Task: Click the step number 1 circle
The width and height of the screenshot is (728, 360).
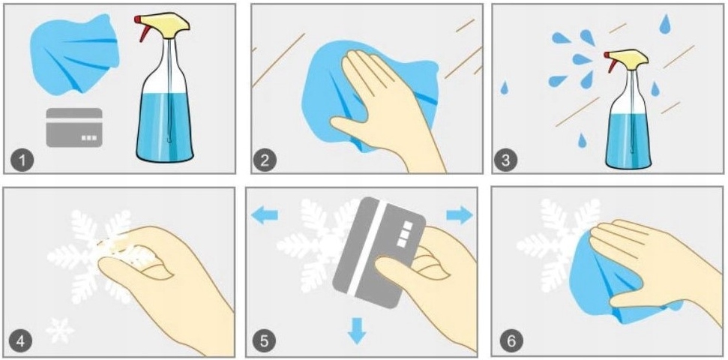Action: pyautogui.click(x=22, y=160)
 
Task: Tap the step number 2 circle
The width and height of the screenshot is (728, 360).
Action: pyautogui.click(x=265, y=160)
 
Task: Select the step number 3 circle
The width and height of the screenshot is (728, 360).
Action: pyautogui.click(x=505, y=160)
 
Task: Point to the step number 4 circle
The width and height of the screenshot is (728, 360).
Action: pyautogui.click(x=21, y=343)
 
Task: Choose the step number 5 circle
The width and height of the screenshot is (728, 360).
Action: pyautogui.click(x=264, y=343)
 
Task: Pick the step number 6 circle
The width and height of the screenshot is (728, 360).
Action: pyautogui.click(x=511, y=343)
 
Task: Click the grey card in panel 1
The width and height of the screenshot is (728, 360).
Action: pyautogui.click(x=74, y=127)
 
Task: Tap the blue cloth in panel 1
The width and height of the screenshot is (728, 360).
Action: pyautogui.click(x=74, y=54)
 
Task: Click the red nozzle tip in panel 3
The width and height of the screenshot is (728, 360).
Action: pyautogui.click(x=607, y=55)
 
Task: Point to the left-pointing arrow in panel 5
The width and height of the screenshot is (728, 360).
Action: pyautogui.click(x=264, y=215)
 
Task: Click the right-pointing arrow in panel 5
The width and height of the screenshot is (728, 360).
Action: pyautogui.click(x=460, y=215)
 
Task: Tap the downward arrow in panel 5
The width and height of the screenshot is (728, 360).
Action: pyautogui.click(x=357, y=331)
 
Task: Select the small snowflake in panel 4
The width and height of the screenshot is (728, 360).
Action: pyautogui.click(x=60, y=331)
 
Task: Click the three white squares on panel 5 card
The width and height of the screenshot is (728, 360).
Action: pyautogui.click(x=404, y=234)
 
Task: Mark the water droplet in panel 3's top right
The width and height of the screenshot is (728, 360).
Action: pyautogui.click(x=665, y=24)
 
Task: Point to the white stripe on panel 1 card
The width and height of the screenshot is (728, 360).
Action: pyautogui.click(x=74, y=120)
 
